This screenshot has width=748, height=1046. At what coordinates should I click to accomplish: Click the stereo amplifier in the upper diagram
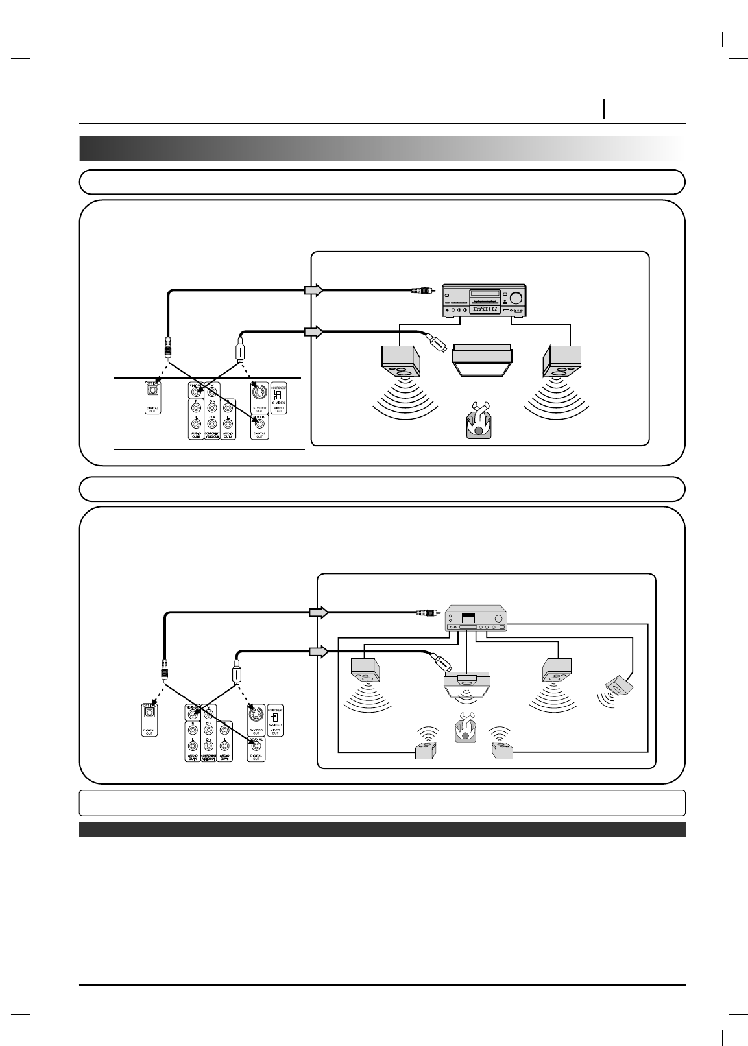click(x=483, y=301)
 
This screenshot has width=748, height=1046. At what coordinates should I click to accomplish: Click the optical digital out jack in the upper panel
click(x=152, y=390)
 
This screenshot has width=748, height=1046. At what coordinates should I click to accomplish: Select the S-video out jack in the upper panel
click(x=259, y=392)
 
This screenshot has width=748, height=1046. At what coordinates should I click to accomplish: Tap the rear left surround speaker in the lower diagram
click(x=425, y=751)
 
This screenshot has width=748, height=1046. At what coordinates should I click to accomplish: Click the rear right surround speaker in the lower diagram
click(x=503, y=752)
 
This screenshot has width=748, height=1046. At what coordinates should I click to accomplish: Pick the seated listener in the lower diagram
click(x=464, y=726)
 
